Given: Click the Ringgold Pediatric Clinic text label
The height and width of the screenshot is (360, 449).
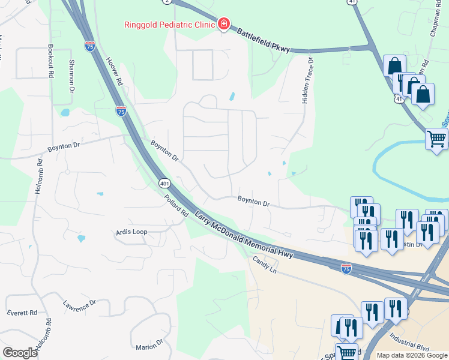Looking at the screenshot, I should (x=170, y=25).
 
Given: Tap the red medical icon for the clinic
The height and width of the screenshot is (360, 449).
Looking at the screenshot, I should (x=224, y=24).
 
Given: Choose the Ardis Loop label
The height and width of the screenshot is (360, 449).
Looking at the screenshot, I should (x=131, y=232).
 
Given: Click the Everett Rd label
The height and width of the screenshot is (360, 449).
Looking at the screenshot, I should (x=22, y=313).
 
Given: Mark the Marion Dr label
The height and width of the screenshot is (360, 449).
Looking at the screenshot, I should (x=149, y=346).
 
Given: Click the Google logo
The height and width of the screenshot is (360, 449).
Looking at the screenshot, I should (x=20, y=353).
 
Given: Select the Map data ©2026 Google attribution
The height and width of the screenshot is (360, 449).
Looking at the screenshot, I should (x=412, y=355).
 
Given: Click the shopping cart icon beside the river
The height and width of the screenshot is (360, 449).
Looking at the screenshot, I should (x=437, y=139).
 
